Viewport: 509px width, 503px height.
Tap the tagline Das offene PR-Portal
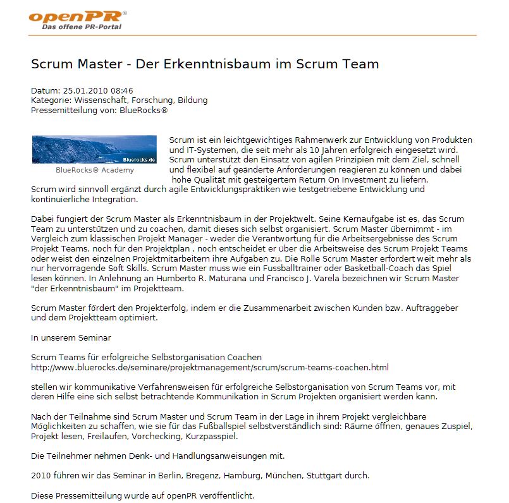tap(82, 27)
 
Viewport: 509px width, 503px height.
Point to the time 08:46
tap(121, 91)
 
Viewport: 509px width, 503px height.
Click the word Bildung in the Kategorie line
tap(192, 100)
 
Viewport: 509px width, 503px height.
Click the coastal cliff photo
tap(94, 149)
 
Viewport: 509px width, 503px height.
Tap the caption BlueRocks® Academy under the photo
tap(95, 170)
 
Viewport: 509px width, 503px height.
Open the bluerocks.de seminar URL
tap(209, 367)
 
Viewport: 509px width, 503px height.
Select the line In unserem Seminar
tap(71, 337)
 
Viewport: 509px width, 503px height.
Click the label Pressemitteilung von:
tap(73, 110)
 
